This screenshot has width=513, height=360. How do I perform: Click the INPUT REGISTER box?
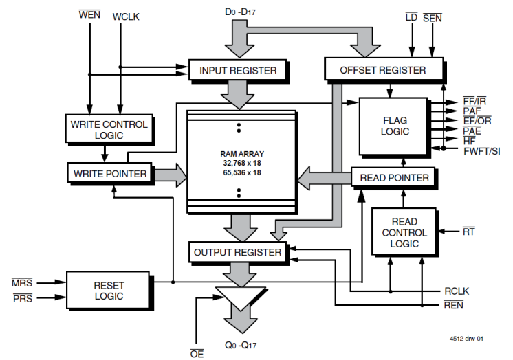[x=238, y=70]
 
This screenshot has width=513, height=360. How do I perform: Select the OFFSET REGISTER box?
[x=383, y=69]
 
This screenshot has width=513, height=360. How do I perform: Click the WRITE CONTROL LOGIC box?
[x=109, y=129]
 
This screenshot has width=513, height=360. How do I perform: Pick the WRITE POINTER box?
[x=110, y=174]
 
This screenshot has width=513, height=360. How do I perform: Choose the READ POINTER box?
[x=394, y=178]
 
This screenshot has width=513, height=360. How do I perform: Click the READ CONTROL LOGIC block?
[x=400, y=233]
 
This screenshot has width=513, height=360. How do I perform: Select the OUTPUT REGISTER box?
[x=238, y=252]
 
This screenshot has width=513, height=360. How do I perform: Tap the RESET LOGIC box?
[x=109, y=291]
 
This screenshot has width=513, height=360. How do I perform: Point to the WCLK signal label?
[x=126, y=16]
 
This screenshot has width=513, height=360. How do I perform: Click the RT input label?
[x=469, y=232]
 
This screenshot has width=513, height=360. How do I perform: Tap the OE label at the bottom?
[x=197, y=354]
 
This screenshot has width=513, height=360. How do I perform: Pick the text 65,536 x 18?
[x=238, y=172]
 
